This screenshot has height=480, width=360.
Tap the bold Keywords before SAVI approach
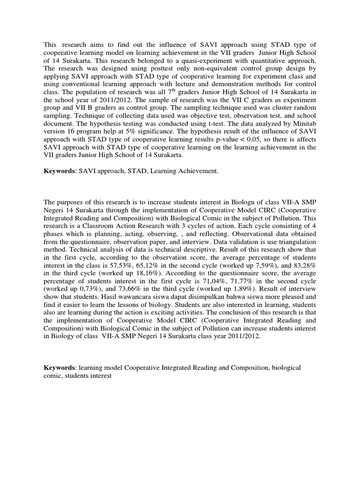(x=60, y=172)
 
